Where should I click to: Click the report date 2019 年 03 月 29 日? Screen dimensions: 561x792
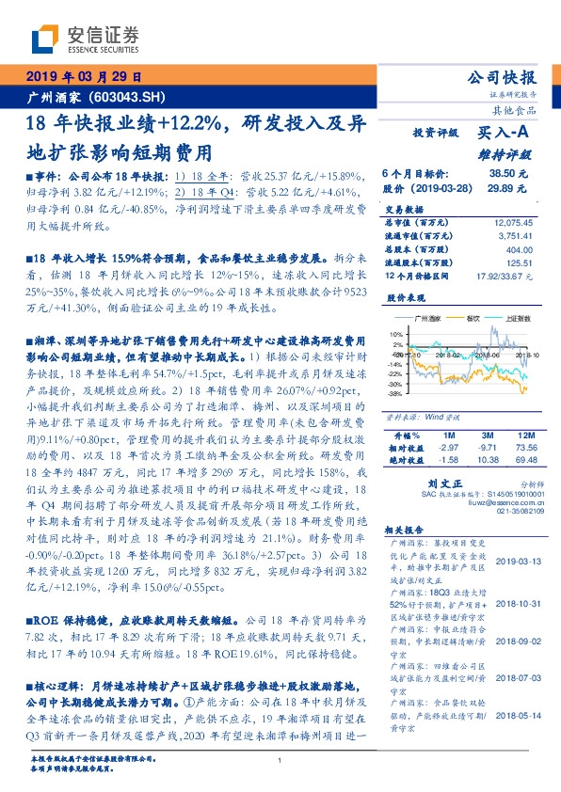[83, 77]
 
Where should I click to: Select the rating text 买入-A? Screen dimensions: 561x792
[505, 135]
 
